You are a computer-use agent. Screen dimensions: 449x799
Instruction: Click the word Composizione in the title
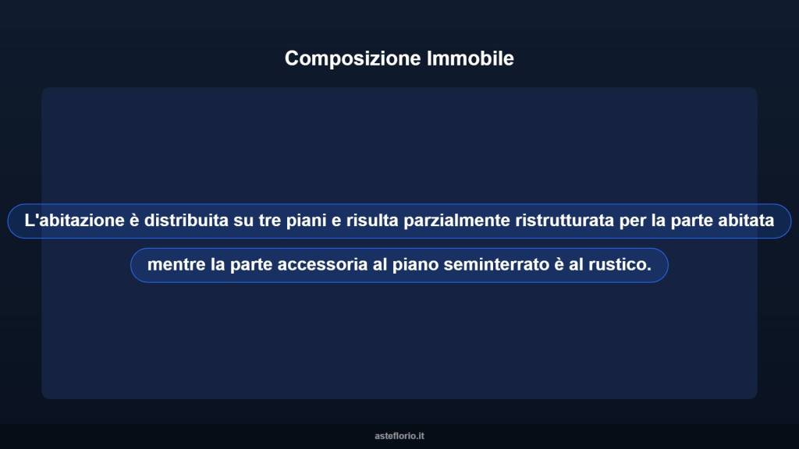coord(353,58)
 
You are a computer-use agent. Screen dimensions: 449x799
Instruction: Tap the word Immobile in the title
coord(471,58)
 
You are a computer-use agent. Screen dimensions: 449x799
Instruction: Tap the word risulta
coord(373,221)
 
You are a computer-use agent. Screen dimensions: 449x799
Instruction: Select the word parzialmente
coord(457,221)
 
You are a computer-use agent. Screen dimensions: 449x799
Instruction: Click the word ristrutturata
coord(565,221)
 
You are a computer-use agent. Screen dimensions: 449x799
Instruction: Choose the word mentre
coord(176,265)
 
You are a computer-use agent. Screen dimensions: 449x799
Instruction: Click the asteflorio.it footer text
coord(399,436)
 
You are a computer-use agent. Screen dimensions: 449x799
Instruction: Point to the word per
coord(633,221)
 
